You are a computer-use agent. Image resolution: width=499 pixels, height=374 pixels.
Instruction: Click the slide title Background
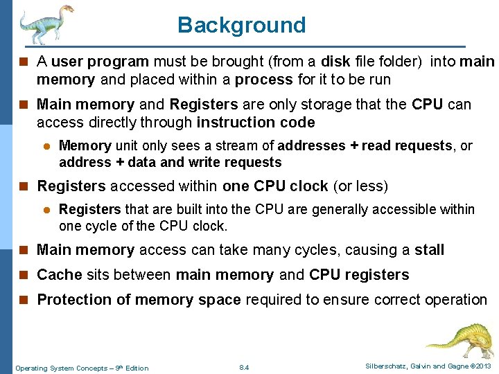pyautogui.click(x=241, y=25)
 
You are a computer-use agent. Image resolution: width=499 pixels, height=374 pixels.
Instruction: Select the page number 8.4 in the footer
pyautogui.click(x=243, y=367)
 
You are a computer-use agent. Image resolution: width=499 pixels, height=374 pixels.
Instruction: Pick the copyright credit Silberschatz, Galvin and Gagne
pyautogui.click(x=427, y=366)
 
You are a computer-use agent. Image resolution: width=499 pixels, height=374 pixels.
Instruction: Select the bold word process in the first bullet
pyautogui.click(x=264, y=80)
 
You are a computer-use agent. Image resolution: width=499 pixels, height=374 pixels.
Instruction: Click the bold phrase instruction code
pyautogui.click(x=256, y=123)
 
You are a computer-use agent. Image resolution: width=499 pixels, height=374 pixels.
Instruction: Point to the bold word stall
pyautogui.click(x=430, y=250)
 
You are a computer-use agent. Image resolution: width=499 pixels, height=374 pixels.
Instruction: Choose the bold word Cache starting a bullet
pyautogui.click(x=60, y=275)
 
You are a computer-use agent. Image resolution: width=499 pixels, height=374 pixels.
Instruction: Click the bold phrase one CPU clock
pyautogui.click(x=276, y=186)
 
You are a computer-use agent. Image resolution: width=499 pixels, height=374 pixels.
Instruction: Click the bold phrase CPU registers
pyautogui.click(x=359, y=275)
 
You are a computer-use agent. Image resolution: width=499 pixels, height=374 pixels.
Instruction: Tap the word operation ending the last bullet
pyautogui.click(x=455, y=300)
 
